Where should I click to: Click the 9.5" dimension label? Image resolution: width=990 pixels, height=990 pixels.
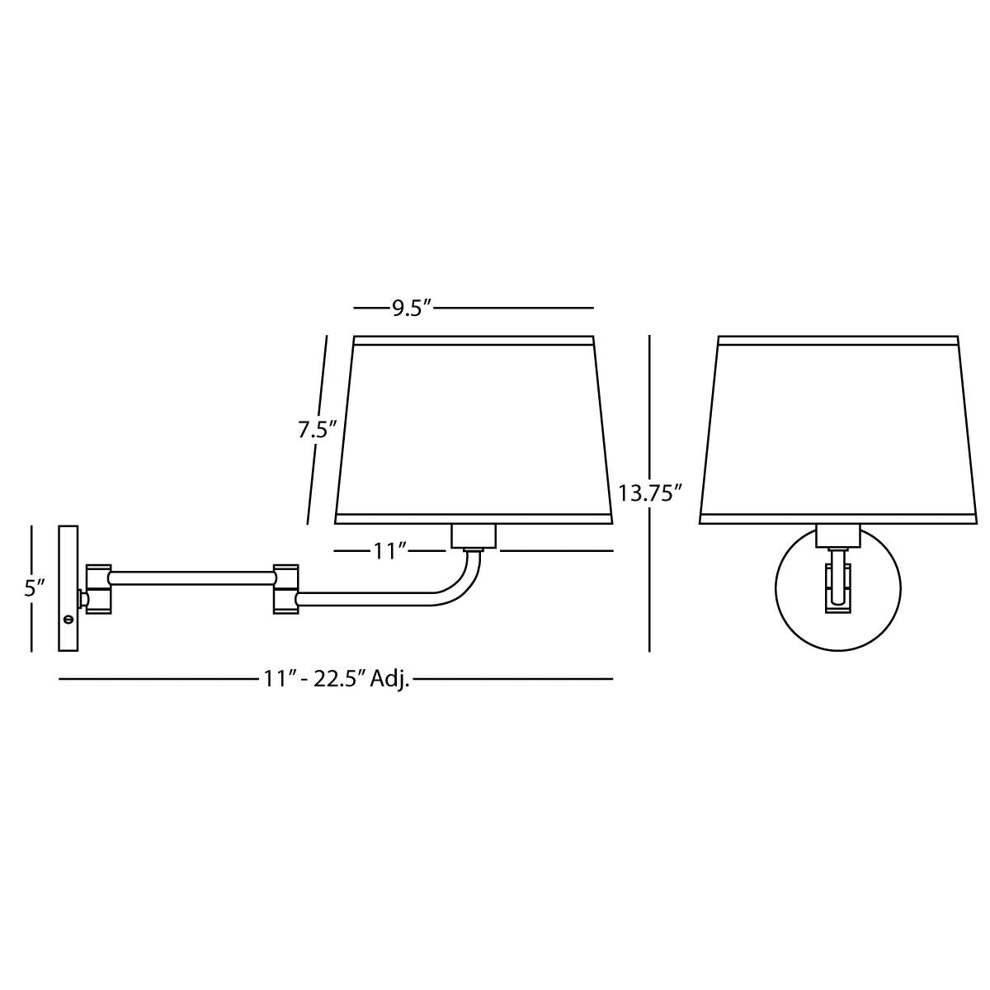411,309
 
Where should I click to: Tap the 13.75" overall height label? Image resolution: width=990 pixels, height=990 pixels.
649,493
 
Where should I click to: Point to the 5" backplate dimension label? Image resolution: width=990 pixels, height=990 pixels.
35,588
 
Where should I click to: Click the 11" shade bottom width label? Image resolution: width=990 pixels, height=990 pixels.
389,551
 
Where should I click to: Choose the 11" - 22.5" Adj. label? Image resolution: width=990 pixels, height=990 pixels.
337,679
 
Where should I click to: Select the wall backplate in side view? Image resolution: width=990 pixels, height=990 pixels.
68,588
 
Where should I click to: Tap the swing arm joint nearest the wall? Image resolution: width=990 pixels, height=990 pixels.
99,589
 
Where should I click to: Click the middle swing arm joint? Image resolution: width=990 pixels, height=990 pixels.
285,589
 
